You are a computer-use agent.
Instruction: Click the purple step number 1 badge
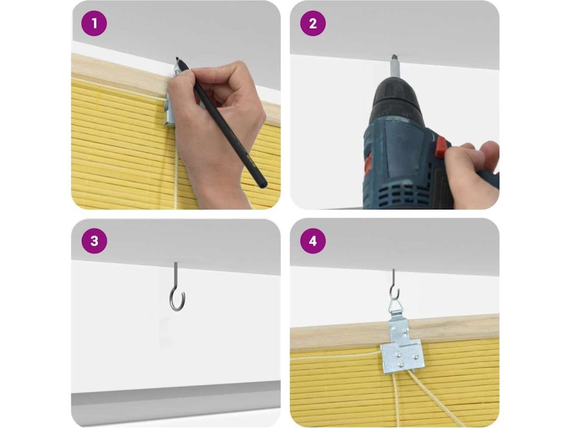pos(94,23)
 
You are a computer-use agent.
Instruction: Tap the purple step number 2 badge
pos(313,23)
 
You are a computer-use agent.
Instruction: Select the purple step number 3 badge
pos(94,241)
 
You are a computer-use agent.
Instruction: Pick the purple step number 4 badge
pos(313,241)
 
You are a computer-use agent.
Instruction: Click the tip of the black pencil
pos(177,58)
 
